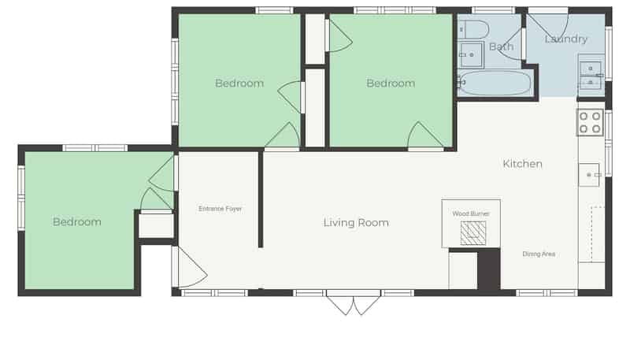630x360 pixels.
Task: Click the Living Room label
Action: point(356,223)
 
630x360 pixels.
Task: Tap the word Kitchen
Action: point(522,164)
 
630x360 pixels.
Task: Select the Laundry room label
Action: point(566,39)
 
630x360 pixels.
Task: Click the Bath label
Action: point(501,46)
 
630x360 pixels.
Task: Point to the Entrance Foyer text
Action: point(220,209)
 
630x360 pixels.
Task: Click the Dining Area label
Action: point(539,254)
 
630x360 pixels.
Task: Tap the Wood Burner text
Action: point(471,213)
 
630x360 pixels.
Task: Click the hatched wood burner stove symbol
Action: point(473,233)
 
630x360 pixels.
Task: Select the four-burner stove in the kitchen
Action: point(590,122)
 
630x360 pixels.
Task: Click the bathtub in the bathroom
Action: point(495,84)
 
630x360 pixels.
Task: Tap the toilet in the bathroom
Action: point(473,30)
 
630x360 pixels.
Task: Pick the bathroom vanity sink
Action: point(470,54)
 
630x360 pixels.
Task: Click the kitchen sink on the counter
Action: point(589,175)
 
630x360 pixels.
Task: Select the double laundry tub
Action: point(590,75)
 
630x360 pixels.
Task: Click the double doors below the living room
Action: point(353,305)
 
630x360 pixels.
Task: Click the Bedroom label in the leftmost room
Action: point(76,222)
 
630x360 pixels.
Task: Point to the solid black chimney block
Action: point(488,269)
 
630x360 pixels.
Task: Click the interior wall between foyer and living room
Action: point(261,199)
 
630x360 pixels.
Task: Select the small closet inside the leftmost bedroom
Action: point(156,225)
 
